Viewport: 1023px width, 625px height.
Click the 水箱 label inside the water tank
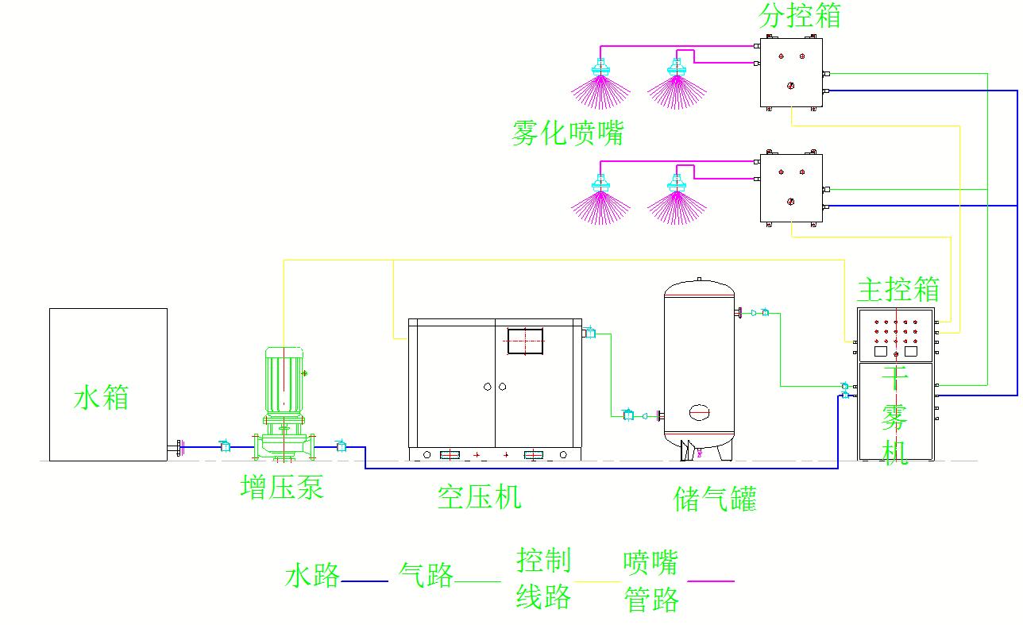click(101, 397)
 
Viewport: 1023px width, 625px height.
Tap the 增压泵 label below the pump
click(282, 487)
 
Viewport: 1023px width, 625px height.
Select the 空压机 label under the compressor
click(479, 496)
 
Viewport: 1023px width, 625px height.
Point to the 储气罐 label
click(715, 499)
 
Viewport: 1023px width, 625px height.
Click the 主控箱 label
click(898, 289)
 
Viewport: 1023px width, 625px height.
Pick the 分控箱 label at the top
click(799, 15)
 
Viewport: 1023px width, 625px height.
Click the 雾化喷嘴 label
click(568, 133)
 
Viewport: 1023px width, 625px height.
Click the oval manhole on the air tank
click(699, 412)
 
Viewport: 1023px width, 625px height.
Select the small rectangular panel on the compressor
click(525, 341)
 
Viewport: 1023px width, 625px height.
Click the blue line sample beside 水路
click(365, 581)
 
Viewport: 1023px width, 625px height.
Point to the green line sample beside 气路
click(477, 581)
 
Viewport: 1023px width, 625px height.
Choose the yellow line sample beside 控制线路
click(597, 581)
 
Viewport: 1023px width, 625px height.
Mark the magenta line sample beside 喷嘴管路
click(711, 581)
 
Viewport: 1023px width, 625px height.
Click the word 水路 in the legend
click(312, 575)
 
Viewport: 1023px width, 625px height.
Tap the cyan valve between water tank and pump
click(225, 446)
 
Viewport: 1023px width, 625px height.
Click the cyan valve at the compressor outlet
click(590, 333)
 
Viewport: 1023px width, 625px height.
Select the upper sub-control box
click(791, 72)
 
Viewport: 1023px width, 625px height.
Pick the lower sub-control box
click(791, 188)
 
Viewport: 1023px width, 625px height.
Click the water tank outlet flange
click(177, 447)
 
